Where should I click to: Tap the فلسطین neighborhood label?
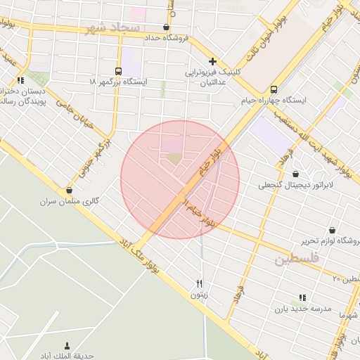pyautogui.click(x=297, y=259)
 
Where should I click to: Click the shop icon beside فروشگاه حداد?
pyautogui.click(x=166, y=27)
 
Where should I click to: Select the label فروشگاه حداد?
pyautogui.click(x=162, y=37)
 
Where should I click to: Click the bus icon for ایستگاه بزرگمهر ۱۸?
pyautogui.click(x=118, y=71)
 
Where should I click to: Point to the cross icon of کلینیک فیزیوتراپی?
pyautogui.click(x=212, y=61)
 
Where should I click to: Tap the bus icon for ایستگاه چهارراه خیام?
pyautogui.click(x=274, y=89)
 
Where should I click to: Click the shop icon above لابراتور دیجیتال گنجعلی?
pyautogui.click(x=295, y=174)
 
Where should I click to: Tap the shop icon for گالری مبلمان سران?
pyautogui.click(x=69, y=190)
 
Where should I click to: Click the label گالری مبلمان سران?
pyautogui.click(x=70, y=201)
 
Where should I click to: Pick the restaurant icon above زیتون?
pyautogui.click(x=200, y=283)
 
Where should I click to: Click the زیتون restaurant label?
pyautogui.click(x=199, y=295)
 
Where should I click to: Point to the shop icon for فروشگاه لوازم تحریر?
pyautogui.click(x=332, y=229)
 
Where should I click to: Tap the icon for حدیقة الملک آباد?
pyautogui.click(x=67, y=345)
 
